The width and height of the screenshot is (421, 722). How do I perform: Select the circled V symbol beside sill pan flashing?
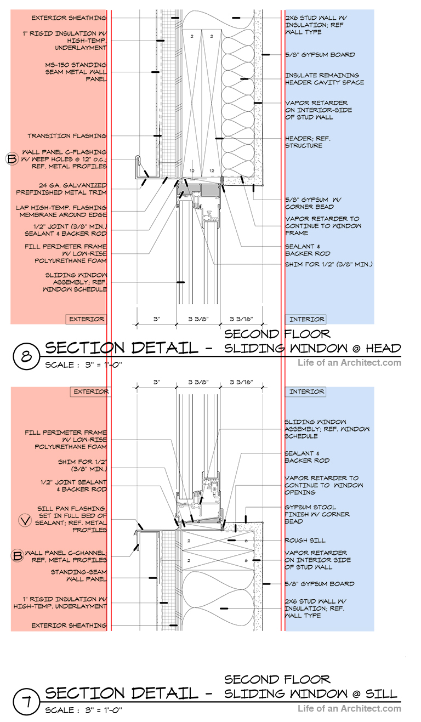click(x=25, y=521)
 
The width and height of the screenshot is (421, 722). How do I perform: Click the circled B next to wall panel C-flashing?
click(x=11, y=160)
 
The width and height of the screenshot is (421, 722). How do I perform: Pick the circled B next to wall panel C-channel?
click(x=17, y=556)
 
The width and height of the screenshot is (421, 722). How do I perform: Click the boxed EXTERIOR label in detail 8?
click(x=87, y=319)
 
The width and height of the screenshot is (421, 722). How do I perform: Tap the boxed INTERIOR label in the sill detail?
click(x=306, y=391)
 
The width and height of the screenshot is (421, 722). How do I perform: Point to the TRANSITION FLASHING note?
click(x=67, y=135)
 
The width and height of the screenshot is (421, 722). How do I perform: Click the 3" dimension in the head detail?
click(x=156, y=318)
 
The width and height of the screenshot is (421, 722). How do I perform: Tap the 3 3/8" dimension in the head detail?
click(x=198, y=318)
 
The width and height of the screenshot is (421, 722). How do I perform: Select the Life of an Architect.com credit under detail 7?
click(x=349, y=708)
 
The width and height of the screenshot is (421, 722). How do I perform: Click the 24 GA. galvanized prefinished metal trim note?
click(x=61, y=189)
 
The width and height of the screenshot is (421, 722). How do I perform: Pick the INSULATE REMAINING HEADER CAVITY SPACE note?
click(x=324, y=78)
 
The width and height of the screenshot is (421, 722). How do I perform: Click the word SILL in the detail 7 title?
click(x=380, y=693)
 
